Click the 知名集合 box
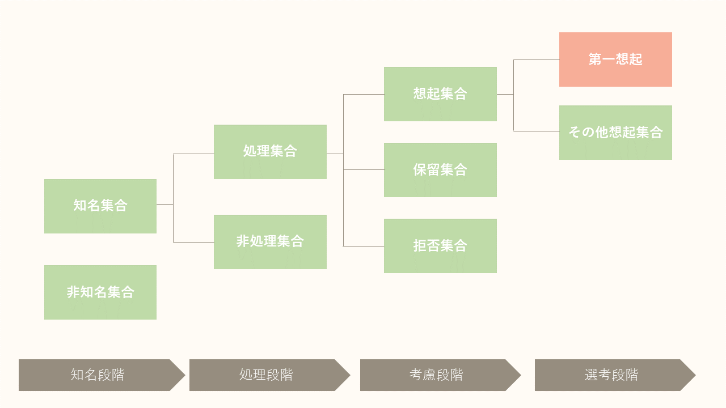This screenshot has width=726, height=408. point(100,206)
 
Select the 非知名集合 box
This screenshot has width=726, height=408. point(100,292)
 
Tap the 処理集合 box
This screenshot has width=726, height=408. point(270,151)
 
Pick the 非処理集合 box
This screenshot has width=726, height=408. point(270,241)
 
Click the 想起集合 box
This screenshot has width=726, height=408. point(440,93)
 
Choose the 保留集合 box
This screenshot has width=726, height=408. point(440,169)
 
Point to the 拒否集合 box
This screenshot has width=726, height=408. point(440,245)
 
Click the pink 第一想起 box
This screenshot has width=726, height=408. point(615,59)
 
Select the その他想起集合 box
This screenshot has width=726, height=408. point(615,132)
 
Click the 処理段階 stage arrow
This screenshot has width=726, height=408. point(266,375)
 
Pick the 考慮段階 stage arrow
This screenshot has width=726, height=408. point(436,375)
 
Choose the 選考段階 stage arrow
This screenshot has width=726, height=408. point(611,375)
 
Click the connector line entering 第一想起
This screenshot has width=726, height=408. point(537,59)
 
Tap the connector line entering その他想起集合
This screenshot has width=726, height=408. point(537,131)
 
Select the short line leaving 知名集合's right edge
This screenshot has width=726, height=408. point(164,204)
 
